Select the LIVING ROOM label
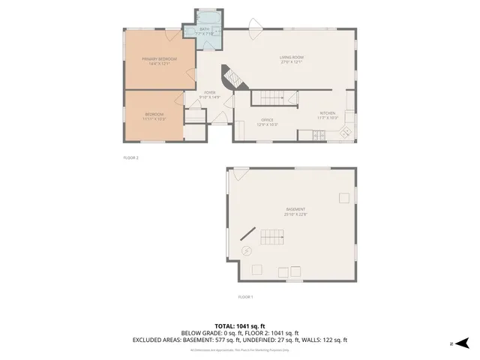coord(290,59)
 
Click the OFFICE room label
coord(267,121)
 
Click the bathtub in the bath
coord(207,16)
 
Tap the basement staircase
coord(272,238)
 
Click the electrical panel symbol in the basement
coord(246,251)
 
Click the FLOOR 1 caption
coord(245,298)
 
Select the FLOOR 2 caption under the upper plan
coord(131,158)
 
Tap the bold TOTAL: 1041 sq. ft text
coord(239,326)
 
